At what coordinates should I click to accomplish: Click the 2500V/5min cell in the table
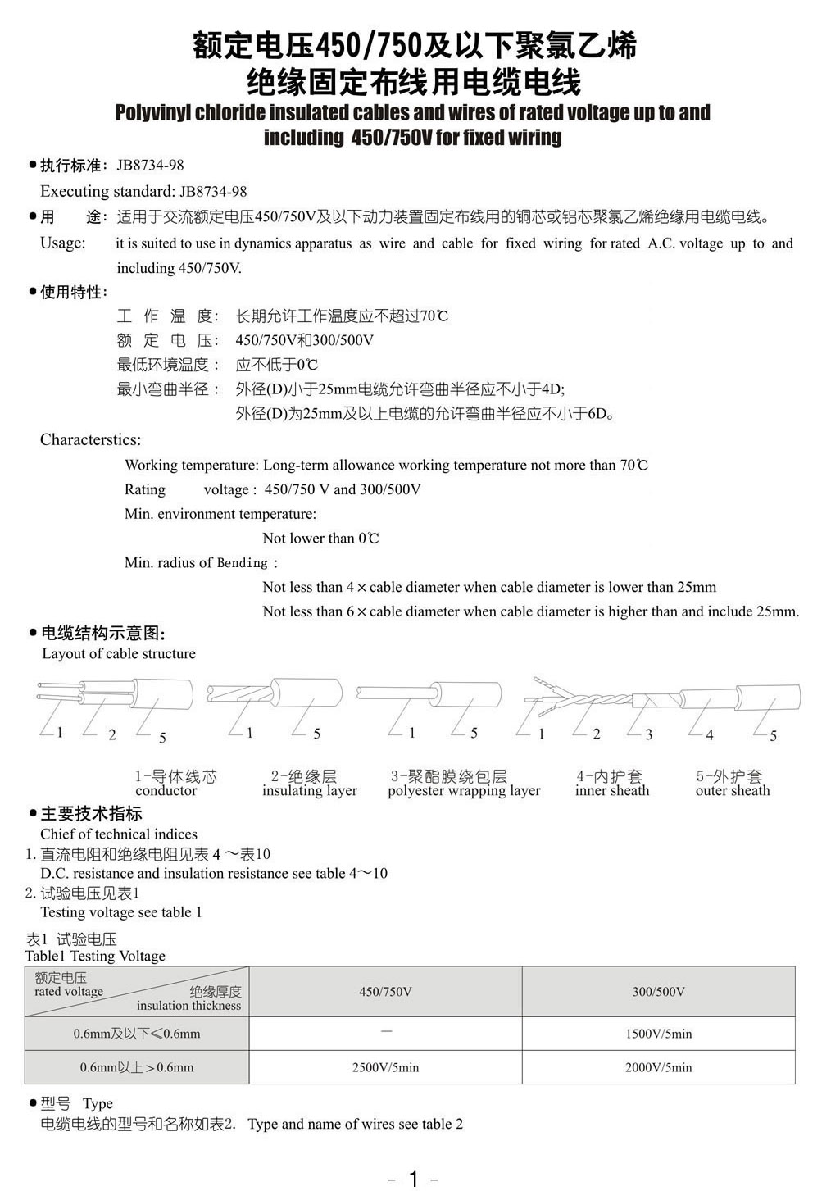[385, 1067]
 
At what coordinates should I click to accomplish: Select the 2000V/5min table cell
[658, 1067]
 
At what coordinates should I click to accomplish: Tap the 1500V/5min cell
[658, 1034]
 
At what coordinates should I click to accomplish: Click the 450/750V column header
[385, 992]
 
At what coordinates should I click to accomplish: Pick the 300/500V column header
[658, 992]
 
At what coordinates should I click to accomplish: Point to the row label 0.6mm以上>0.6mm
[137, 1067]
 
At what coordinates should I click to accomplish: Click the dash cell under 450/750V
[386, 1031]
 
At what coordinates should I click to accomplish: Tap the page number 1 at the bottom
[413, 1179]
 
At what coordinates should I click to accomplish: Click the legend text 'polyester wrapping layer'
[464, 791]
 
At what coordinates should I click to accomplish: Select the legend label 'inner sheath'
[611, 791]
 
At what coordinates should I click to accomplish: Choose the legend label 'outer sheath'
[733, 791]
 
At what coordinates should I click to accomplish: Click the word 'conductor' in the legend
[166, 791]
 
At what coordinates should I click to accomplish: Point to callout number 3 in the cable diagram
[649, 734]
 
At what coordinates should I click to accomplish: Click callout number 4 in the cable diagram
[710, 735]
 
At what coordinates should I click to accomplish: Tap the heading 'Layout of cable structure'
[119, 653]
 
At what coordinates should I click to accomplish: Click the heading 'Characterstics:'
[90, 440]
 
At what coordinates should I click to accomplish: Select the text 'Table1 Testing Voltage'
[95, 956]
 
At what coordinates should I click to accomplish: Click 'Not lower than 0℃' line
[320, 539]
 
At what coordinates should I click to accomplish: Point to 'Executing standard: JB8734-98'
[143, 191]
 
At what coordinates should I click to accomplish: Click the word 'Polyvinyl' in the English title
[154, 112]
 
